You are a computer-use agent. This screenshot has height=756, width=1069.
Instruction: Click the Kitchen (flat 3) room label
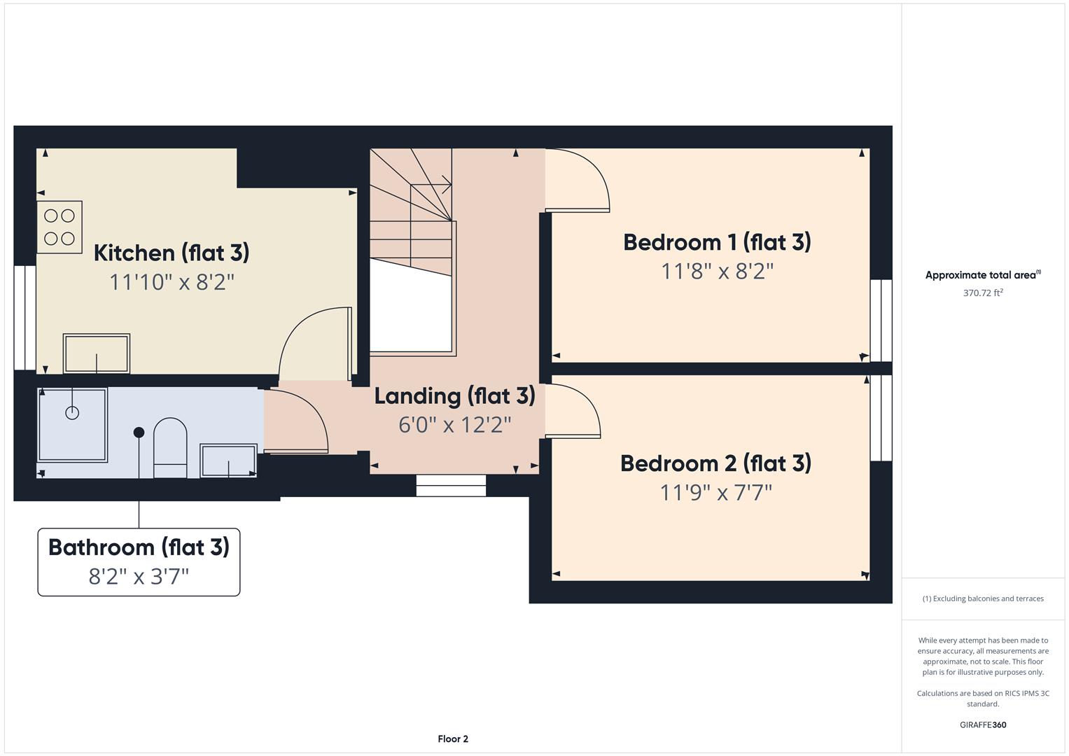coord(172,253)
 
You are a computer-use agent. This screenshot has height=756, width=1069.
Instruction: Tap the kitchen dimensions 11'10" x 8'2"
coord(172,282)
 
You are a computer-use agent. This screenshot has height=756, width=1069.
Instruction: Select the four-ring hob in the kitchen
coord(60,227)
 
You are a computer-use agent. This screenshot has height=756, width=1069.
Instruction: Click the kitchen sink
coord(97,354)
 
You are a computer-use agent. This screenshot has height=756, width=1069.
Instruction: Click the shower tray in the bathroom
coord(72,424)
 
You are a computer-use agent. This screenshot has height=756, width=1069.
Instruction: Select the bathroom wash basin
coord(228,461)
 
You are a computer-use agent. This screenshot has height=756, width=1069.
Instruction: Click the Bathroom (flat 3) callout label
coord(139,547)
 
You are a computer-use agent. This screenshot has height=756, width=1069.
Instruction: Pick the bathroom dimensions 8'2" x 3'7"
coord(139,577)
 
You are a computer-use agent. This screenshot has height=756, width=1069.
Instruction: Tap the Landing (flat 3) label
coord(454,395)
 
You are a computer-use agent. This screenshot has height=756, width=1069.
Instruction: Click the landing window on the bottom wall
coord(451,485)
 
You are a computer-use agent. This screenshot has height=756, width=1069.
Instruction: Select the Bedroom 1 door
coord(578,181)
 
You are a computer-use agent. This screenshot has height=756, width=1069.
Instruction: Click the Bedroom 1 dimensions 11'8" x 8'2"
coord(717,272)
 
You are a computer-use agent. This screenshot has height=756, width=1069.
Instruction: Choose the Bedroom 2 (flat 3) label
coord(715,463)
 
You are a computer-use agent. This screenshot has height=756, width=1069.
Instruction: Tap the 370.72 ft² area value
coord(982,293)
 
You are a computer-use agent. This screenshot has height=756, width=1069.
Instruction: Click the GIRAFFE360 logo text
coord(982,724)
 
